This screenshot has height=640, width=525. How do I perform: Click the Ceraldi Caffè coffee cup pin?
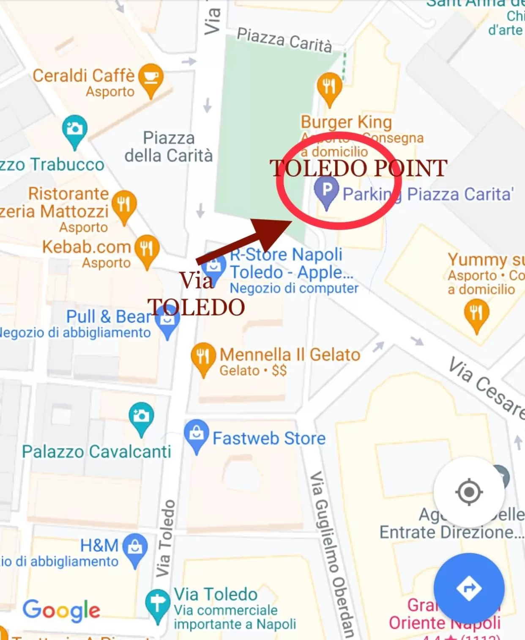pyautogui.click(x=151, y=78)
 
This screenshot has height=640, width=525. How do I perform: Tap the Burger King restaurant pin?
pyautogui.click(x=329, y=86)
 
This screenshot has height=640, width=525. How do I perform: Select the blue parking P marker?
pyautogui.click(x=326, y=190)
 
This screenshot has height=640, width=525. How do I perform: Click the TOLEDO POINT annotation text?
pyautogui.click(x=358, y=168)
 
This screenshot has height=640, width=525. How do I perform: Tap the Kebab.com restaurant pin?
pyautogui.click(x=147, y=248)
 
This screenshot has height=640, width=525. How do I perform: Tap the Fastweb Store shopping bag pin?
pyautogui.click(x=197, y=434)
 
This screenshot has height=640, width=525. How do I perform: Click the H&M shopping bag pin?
pyautogui.click(x=135, y=548)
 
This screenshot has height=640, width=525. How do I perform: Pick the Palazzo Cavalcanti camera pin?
pyautogui.click(x=141, y=416)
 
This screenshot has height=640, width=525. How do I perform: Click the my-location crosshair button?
pyautogui.click(x=469, y=492)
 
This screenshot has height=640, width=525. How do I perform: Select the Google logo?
pyautogui.click(x=62, y=610)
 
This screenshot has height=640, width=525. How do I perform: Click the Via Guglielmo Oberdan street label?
pyautogui.click(x=332, y=554)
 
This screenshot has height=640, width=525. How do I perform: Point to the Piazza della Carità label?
pyautogui.click(x=169, y=147)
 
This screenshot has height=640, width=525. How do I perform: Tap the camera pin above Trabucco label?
pyautogui.click(x=74, y=129)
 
